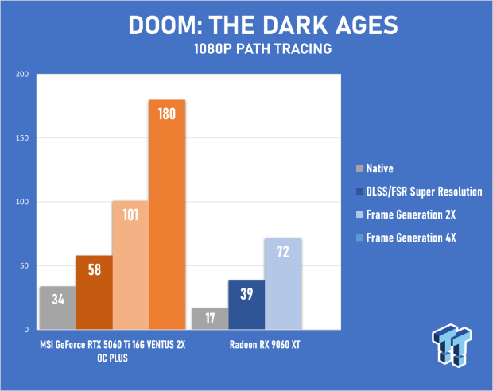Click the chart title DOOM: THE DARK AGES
pos(263,25)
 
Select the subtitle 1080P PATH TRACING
pos(263,48)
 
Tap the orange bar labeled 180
pos(167,215)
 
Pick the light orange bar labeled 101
pos(130,265)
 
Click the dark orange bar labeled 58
pos(95,292)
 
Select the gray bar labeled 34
pos(58,308)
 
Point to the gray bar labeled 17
pos(211,319)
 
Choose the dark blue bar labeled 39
pos(246,304)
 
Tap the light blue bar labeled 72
pos(283,284)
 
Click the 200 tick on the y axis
pos(22,74)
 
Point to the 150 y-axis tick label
pos(22,138)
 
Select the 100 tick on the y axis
pos(22,202)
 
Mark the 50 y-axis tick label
pos(24,266)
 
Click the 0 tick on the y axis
pos(26,330)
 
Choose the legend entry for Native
pos(375,168)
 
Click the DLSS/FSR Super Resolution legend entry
pos(419,192)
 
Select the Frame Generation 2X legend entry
pos(406,215)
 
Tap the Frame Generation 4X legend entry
pos(406,238)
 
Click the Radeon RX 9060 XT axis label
pos(265,345)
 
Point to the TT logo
pos(452,345)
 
